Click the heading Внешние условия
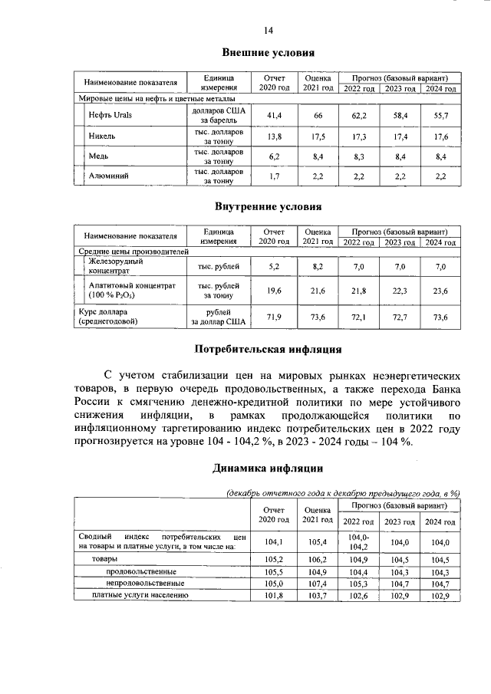(x=269, y=54)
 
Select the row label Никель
(x=102, y=136)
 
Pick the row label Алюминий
(x=108, y=176)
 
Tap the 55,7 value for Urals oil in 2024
(x=440, y=115)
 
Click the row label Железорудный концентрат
(x=115, y=266)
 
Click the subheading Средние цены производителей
(x=134, y=252)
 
